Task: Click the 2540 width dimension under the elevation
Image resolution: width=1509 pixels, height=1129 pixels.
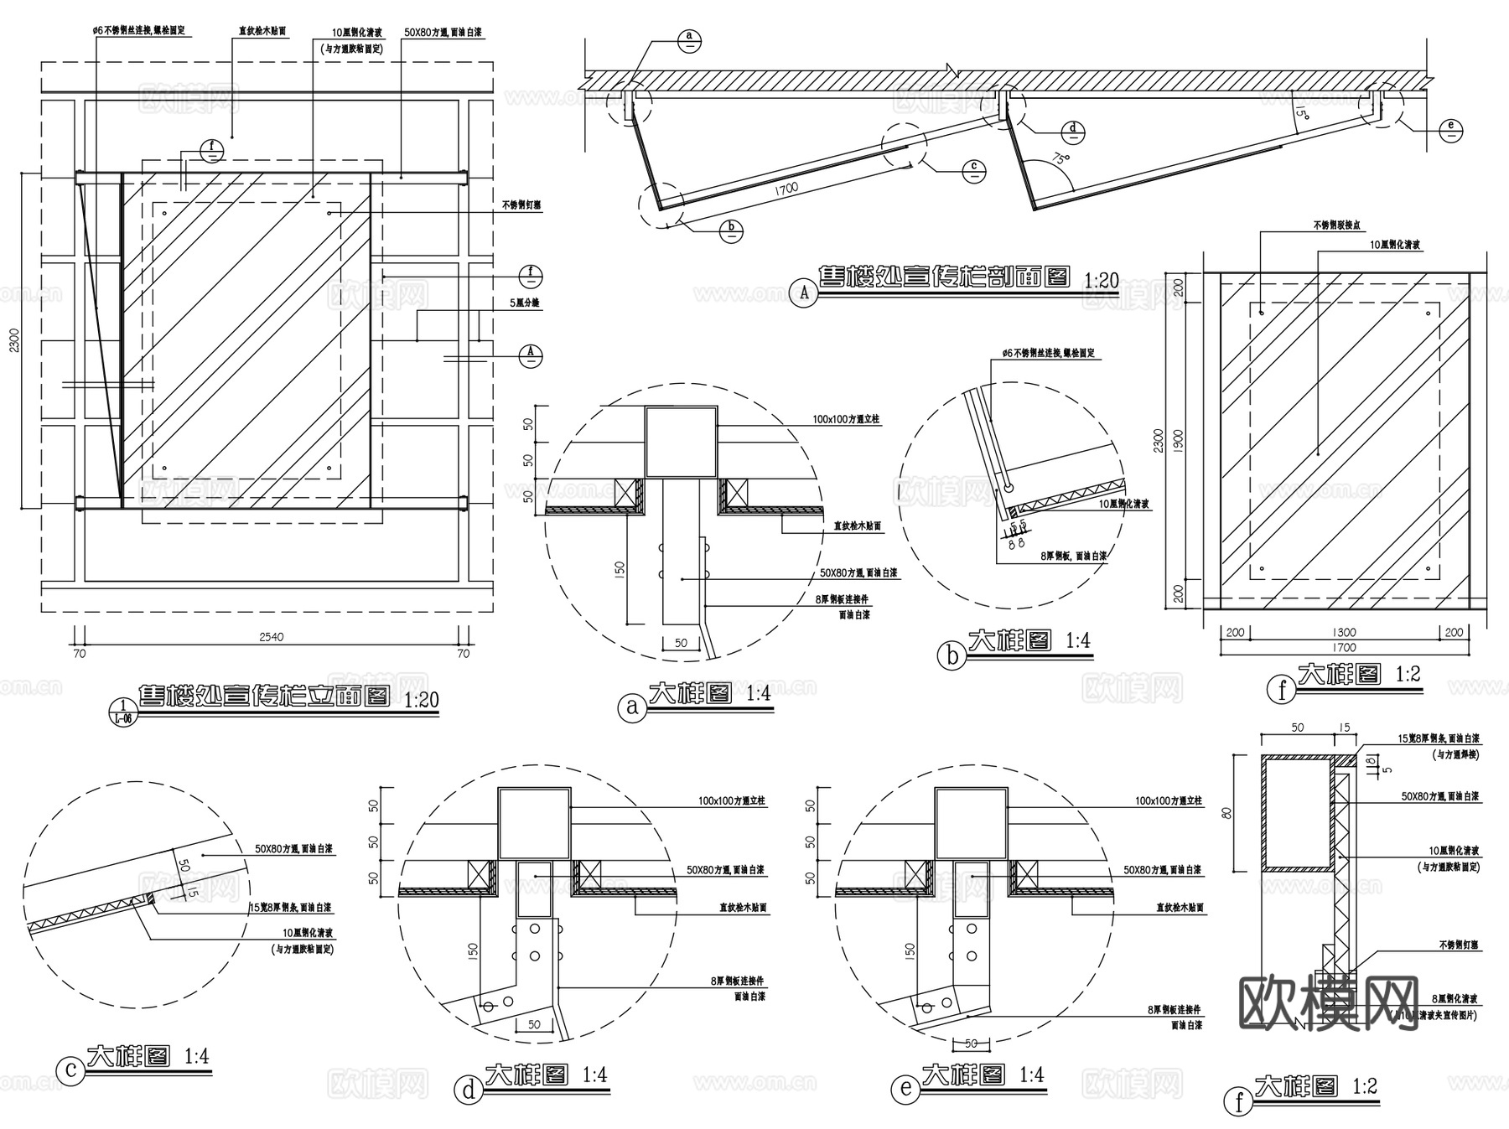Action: [x=271, y=637]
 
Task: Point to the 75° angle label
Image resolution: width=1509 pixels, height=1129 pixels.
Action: [x=1061, y=159]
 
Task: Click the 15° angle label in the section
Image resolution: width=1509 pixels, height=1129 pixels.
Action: [x=1300, y=111]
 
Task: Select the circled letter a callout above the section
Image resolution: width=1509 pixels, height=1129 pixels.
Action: [x=689, y=40]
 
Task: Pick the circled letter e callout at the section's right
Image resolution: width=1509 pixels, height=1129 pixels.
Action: [x=1452, y=130]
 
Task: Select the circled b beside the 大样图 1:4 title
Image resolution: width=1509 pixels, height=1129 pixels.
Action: [x=952, y=655]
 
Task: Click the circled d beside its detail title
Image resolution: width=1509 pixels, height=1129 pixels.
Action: [x=469, y=1090]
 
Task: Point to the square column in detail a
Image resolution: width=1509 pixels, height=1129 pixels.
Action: [x=681, y=442]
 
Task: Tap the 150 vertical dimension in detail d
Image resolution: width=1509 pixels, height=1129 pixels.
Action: [x=472, y=950]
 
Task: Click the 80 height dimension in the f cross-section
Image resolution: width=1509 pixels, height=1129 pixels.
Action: [x=1226, y=812]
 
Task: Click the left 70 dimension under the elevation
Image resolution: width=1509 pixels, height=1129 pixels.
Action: [x=80, y=654]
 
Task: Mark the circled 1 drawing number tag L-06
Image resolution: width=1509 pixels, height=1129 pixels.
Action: [x=122, y=710]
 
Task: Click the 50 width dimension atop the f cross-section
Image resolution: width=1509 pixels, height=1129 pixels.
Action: [x=1297, y=728]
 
